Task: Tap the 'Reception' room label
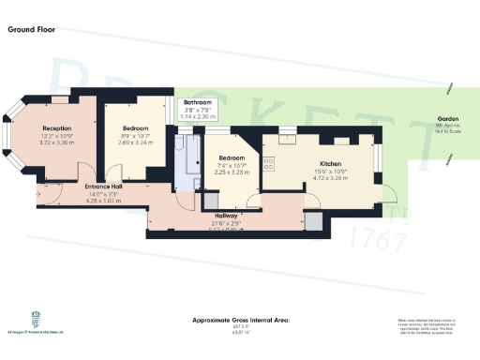58,129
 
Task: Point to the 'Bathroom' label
198,101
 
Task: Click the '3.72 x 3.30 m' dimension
58,142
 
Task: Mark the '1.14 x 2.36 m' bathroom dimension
198,116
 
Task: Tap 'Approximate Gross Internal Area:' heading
241,321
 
